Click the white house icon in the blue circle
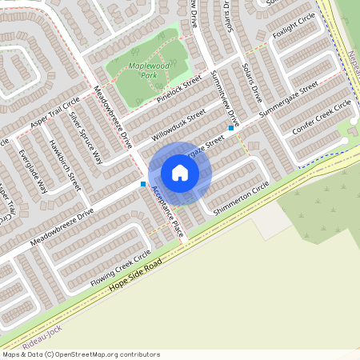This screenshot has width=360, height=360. tap(180, 173)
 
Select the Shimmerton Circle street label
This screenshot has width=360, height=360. tap(242, 197)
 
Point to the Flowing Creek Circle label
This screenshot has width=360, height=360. tap(120, 267)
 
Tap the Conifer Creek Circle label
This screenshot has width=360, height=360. tap(322, 117)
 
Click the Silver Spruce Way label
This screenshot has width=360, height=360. tap(86, 137)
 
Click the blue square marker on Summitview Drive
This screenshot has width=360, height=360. tap(231, 127)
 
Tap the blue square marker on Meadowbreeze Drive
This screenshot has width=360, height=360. tap(143, 184)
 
